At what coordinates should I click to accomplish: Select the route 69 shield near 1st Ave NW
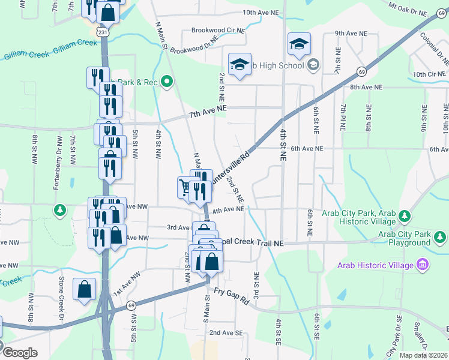pyautogui.click(x=131, y=305)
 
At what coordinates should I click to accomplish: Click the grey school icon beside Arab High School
pyautogui.click(x=312, y=64)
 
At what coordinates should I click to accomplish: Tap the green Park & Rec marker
pyautogui.click(x=167, y=82)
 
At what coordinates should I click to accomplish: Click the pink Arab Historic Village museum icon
pyautogui.click(x=422, y=265)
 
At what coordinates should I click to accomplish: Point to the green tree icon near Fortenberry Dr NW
pyautogui.click(x=59, y=210)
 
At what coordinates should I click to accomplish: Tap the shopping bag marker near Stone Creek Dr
pyautogui.click(x=84, y=289)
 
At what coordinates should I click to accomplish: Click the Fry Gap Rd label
pyautogui.click(x=232, y=298)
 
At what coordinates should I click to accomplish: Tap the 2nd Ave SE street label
pyautogui.click(x=226, y=332)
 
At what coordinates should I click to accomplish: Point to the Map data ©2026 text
pyautogui.click(x=424, y=355)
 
